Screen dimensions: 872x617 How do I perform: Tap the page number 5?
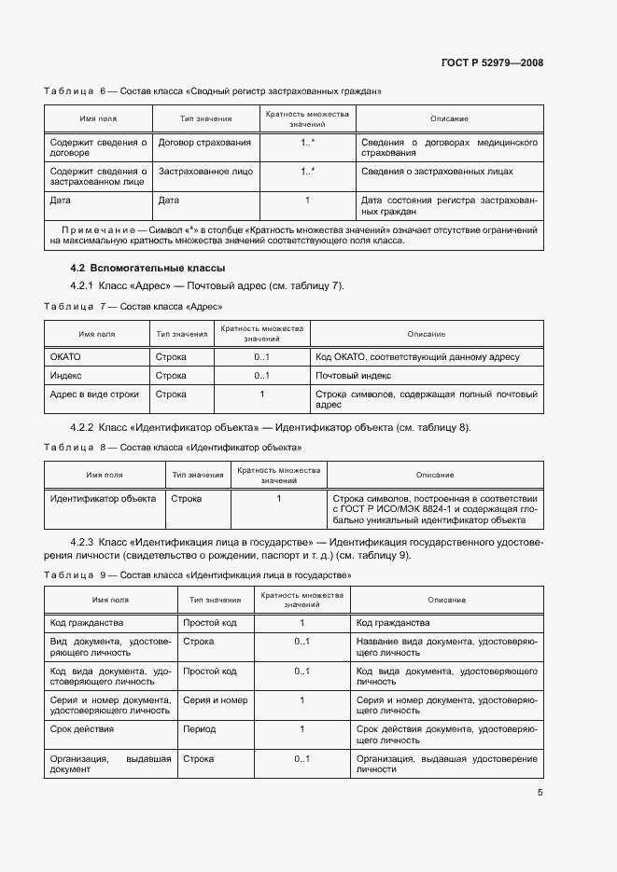pos(540,793)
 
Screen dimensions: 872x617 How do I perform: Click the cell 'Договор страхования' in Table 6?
pos(204,143)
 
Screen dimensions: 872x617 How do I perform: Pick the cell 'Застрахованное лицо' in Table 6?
pos(205,172)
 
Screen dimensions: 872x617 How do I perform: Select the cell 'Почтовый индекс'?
pos(353,375)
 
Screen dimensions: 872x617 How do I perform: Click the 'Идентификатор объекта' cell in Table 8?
pos(102,499)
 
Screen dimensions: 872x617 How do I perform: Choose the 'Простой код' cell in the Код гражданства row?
pos(210,622)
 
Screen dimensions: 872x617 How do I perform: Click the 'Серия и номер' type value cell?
pos(216,699)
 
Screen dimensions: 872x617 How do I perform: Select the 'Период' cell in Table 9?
pos(199,729)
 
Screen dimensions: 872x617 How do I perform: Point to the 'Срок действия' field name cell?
pos(82,728)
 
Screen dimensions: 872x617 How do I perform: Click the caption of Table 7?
pos(133,306)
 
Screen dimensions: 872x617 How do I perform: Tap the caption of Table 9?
pos(198,575)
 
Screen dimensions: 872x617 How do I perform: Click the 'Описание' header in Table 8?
pos(435,476)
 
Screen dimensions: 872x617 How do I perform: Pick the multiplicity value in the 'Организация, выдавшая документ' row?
pos(301,759)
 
